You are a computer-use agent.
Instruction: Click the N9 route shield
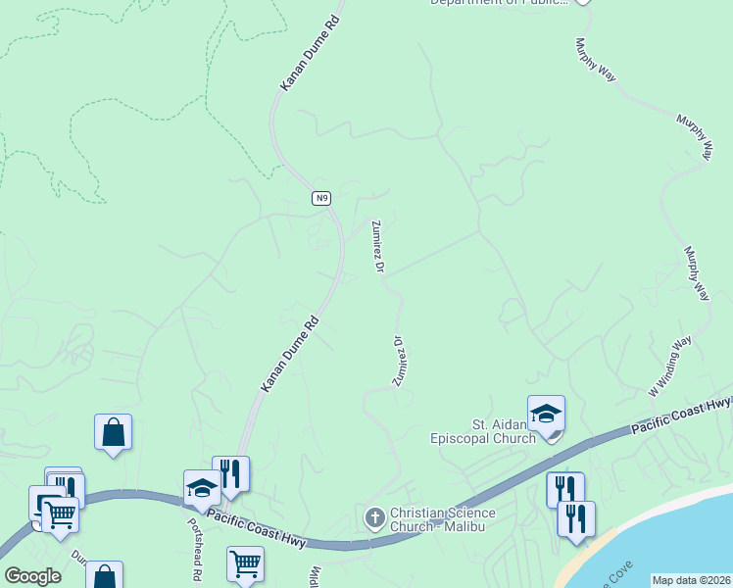click(x=321, y=198)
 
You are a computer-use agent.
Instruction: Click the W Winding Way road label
click(x=670, y=367)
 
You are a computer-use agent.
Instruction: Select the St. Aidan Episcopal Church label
click(x=489, y=431)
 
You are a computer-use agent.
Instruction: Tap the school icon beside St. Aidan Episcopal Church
click(x=546, y=415)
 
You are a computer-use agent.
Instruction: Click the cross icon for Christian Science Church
click(x=374, y=517)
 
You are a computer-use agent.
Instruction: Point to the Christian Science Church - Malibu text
click(x=443, y=519)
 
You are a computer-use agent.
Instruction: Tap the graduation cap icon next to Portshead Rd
click(x=202, y=488)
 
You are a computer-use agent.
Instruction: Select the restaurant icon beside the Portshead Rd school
click(x=230, y=475)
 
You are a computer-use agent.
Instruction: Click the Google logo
click(x=32, y=576)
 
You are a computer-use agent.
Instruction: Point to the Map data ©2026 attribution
click(x=690, y=580)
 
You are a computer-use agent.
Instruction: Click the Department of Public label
click(x=500, y=3)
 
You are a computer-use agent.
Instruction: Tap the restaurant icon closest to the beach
click(x=576, y=518)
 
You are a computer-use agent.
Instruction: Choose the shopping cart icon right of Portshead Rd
click(x=245, y=564)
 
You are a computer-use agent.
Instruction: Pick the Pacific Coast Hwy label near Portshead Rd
click(x=258, y=530)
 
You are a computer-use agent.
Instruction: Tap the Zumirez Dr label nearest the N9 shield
click(x=377, y=244)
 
